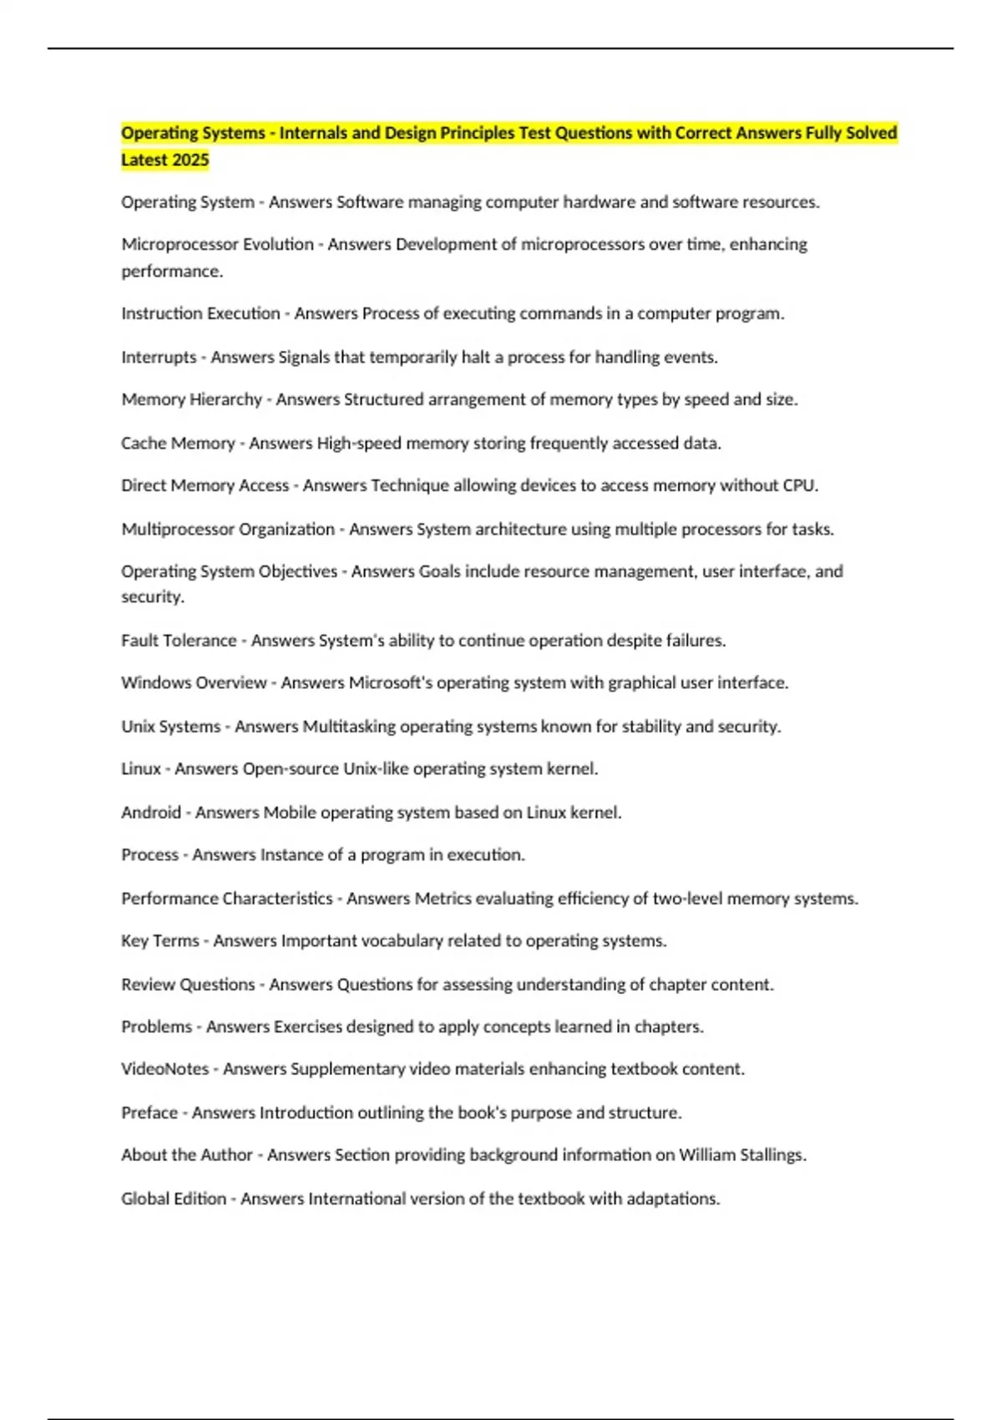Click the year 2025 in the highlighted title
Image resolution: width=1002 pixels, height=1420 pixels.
[190, 160]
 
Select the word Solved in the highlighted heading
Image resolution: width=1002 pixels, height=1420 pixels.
[872, 133]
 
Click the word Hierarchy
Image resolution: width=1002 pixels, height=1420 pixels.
[226, 400]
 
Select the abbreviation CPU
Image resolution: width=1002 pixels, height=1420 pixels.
[800, 486]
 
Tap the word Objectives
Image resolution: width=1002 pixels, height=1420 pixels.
[298, 572]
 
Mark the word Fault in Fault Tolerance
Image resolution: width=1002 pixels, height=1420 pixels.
[139, 641]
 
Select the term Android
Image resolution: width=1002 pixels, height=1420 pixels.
[151, 813]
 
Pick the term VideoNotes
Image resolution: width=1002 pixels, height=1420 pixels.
[164, 1069]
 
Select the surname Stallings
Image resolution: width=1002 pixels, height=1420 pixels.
[773, 1155]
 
